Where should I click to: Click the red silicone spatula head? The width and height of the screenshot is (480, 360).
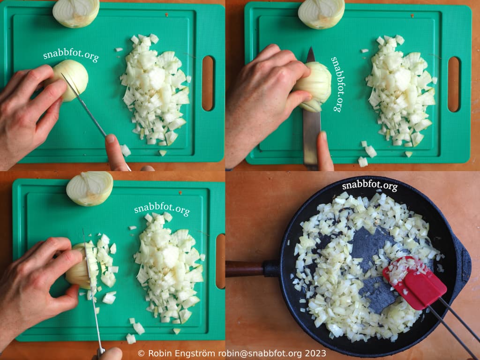coord(415,283)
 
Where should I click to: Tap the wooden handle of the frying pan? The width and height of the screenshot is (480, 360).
coord(245,269)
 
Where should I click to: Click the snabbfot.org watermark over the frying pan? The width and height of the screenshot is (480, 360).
coord(370,186)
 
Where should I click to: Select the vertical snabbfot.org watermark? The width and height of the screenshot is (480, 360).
coord(337,84)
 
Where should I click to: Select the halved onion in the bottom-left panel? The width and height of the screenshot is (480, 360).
coord(90,188)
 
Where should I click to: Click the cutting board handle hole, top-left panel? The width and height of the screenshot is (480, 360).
coord(208,83)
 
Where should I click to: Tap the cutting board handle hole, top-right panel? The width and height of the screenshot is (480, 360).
coord(454,84)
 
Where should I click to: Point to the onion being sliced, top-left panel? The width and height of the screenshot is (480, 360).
coord(71,80)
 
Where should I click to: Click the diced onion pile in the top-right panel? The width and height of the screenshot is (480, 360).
coord(401,90)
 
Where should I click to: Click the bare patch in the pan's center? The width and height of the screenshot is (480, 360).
coord(372,270)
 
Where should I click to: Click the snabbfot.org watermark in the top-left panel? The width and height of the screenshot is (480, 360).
coord(71,55)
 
